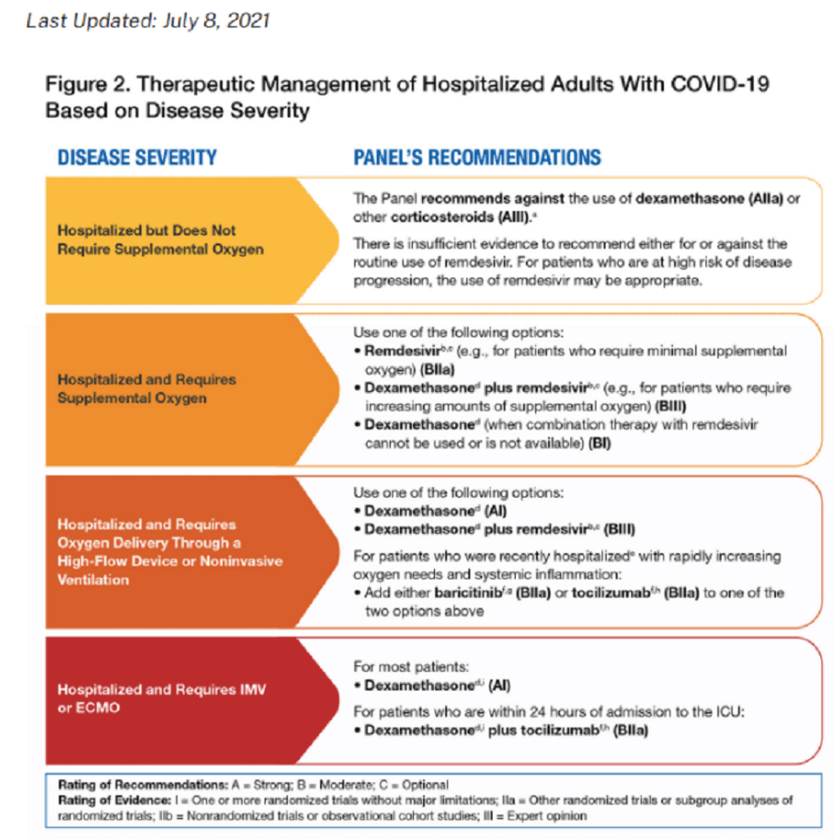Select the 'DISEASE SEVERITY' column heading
(x=137, y=157)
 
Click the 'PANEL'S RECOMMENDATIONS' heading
(x=477, y=157)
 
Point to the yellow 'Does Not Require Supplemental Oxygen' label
(x=146, y=239)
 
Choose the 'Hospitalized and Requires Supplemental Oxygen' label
(x=146, y=388)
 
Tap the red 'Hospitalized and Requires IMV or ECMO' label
(x=162, y=698)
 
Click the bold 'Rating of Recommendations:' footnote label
(x=127, y=784)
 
